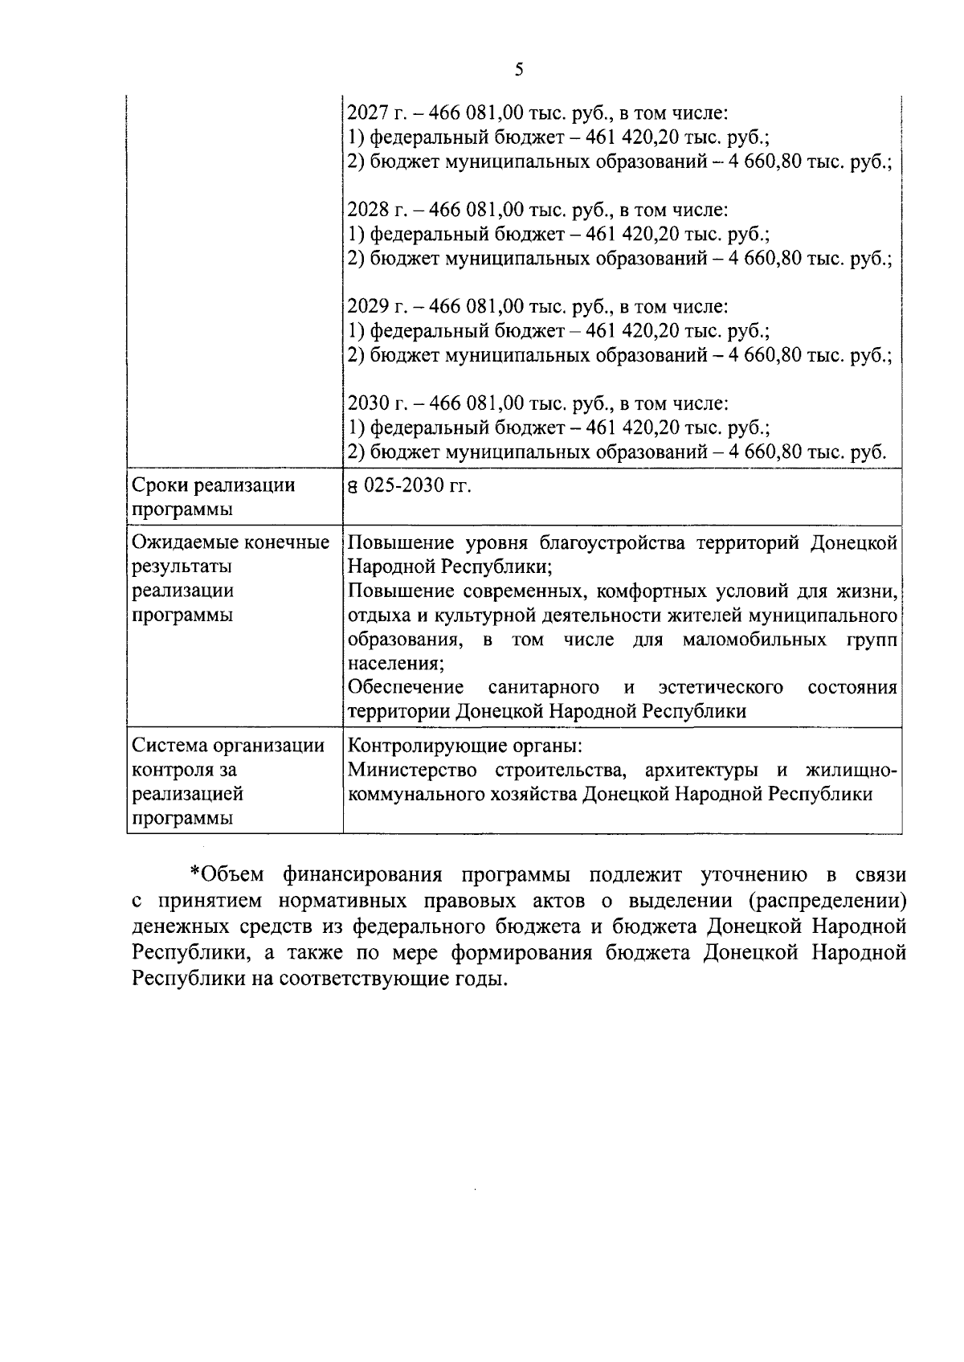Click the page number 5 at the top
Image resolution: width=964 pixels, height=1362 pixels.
518,70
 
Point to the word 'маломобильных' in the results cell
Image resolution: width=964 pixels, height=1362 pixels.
754,640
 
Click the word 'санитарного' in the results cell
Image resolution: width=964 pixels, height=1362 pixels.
543,688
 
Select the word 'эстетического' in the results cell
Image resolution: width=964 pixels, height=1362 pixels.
720,688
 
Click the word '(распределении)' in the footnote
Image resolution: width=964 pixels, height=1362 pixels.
835,900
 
